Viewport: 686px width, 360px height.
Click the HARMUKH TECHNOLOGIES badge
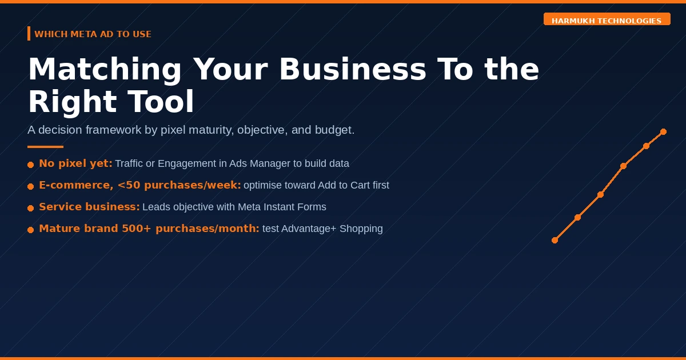coord(607,19)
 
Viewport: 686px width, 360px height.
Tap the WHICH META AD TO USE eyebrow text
coord(93,34)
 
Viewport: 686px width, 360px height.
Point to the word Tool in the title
coord(161,101)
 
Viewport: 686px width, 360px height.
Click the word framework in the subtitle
coord(113,130)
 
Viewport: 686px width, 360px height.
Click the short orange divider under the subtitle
coord(45,147)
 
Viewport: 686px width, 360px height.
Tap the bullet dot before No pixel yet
coord(31,165)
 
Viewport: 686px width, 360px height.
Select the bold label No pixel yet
coord(75,163)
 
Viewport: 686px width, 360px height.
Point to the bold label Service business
coord(89,207)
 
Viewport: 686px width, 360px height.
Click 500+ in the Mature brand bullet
coord(136,229)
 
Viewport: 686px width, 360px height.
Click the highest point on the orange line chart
coord(663,131)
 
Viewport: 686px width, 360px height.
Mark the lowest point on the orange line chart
coord(555,241)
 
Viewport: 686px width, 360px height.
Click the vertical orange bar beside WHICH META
coord(29,33)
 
